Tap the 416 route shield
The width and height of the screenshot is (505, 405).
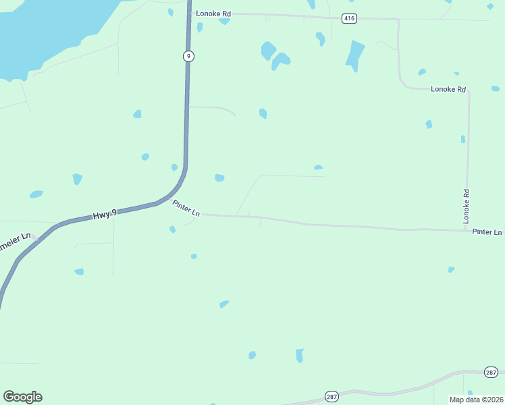pos(348,18)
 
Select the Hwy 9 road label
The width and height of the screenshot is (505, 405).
pos(105,214)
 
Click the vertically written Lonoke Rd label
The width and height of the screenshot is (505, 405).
pos(466,206)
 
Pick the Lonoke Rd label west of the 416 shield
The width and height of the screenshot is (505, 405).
pos(213,13)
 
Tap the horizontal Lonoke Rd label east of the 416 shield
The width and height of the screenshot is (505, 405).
pos(448,89)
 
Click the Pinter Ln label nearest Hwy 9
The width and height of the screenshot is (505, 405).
pos(186,208)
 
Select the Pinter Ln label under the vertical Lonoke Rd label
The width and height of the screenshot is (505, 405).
pos(487,232)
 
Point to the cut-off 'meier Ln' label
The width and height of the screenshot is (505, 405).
pos(16,239)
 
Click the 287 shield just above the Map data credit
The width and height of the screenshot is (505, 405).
pos(491,372)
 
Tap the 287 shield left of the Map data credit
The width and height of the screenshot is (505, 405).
pos(331,396)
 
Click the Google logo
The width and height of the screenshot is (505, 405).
pos(22,397)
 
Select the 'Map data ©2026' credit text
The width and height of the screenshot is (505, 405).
pos(476,399)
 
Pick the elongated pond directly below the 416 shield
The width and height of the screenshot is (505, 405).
pos(354,55)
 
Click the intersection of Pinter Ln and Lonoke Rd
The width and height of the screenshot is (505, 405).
pos(467,231)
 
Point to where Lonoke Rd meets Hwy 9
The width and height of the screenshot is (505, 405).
pos(188,13)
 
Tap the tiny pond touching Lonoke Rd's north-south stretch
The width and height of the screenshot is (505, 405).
pos(463,139)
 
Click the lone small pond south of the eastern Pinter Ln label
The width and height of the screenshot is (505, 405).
pos(451,269)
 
